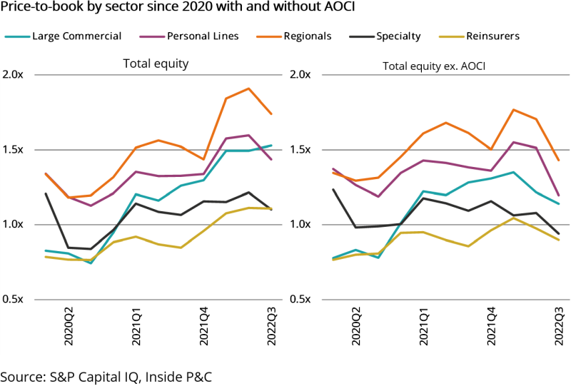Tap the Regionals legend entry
(x=308, y=36)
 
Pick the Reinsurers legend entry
(x=492, y=36)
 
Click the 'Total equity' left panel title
(x=156, y=64)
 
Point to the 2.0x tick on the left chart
(x=14, y=75)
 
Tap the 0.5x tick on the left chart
(x=14, y=299)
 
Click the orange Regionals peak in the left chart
(x=248, y=88)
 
